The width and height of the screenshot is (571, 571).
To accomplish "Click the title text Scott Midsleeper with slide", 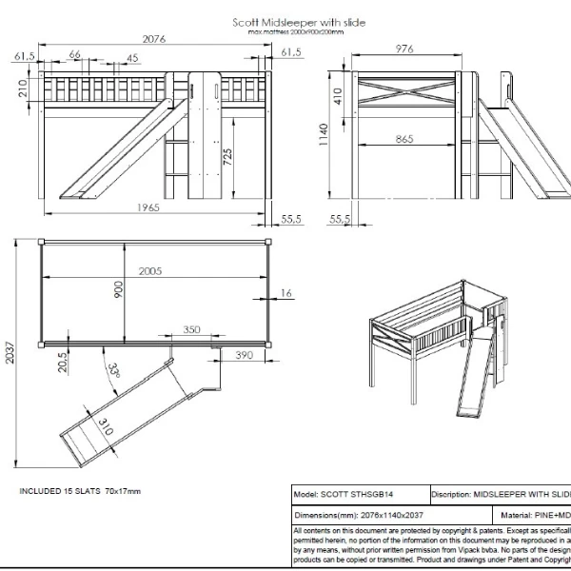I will tap(299, 22).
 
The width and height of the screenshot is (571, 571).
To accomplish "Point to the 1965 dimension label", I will tap(147, 207).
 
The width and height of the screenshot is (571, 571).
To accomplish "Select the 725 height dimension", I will tap(227, 157).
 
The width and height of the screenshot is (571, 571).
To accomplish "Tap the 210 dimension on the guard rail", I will tap(22, 89).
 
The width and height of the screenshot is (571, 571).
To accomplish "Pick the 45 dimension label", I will tap(132, 57).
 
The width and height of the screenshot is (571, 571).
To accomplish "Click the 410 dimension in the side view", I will tap(337, 95).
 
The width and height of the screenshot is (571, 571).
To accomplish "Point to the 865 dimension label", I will tap(404, 139).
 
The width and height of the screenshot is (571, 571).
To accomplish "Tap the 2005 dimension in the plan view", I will tap(150, 271).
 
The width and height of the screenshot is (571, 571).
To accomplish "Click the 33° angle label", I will tap(115, 370).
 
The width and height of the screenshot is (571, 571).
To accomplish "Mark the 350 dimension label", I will tap(191, 329).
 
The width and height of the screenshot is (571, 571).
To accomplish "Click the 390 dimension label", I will tap(243, 355).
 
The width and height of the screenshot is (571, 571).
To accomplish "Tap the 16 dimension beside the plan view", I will tap(286, 293).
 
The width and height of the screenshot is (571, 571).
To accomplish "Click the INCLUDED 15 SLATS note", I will tap(80, 491).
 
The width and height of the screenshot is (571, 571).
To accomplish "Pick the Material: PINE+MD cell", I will tap(534, 514).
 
